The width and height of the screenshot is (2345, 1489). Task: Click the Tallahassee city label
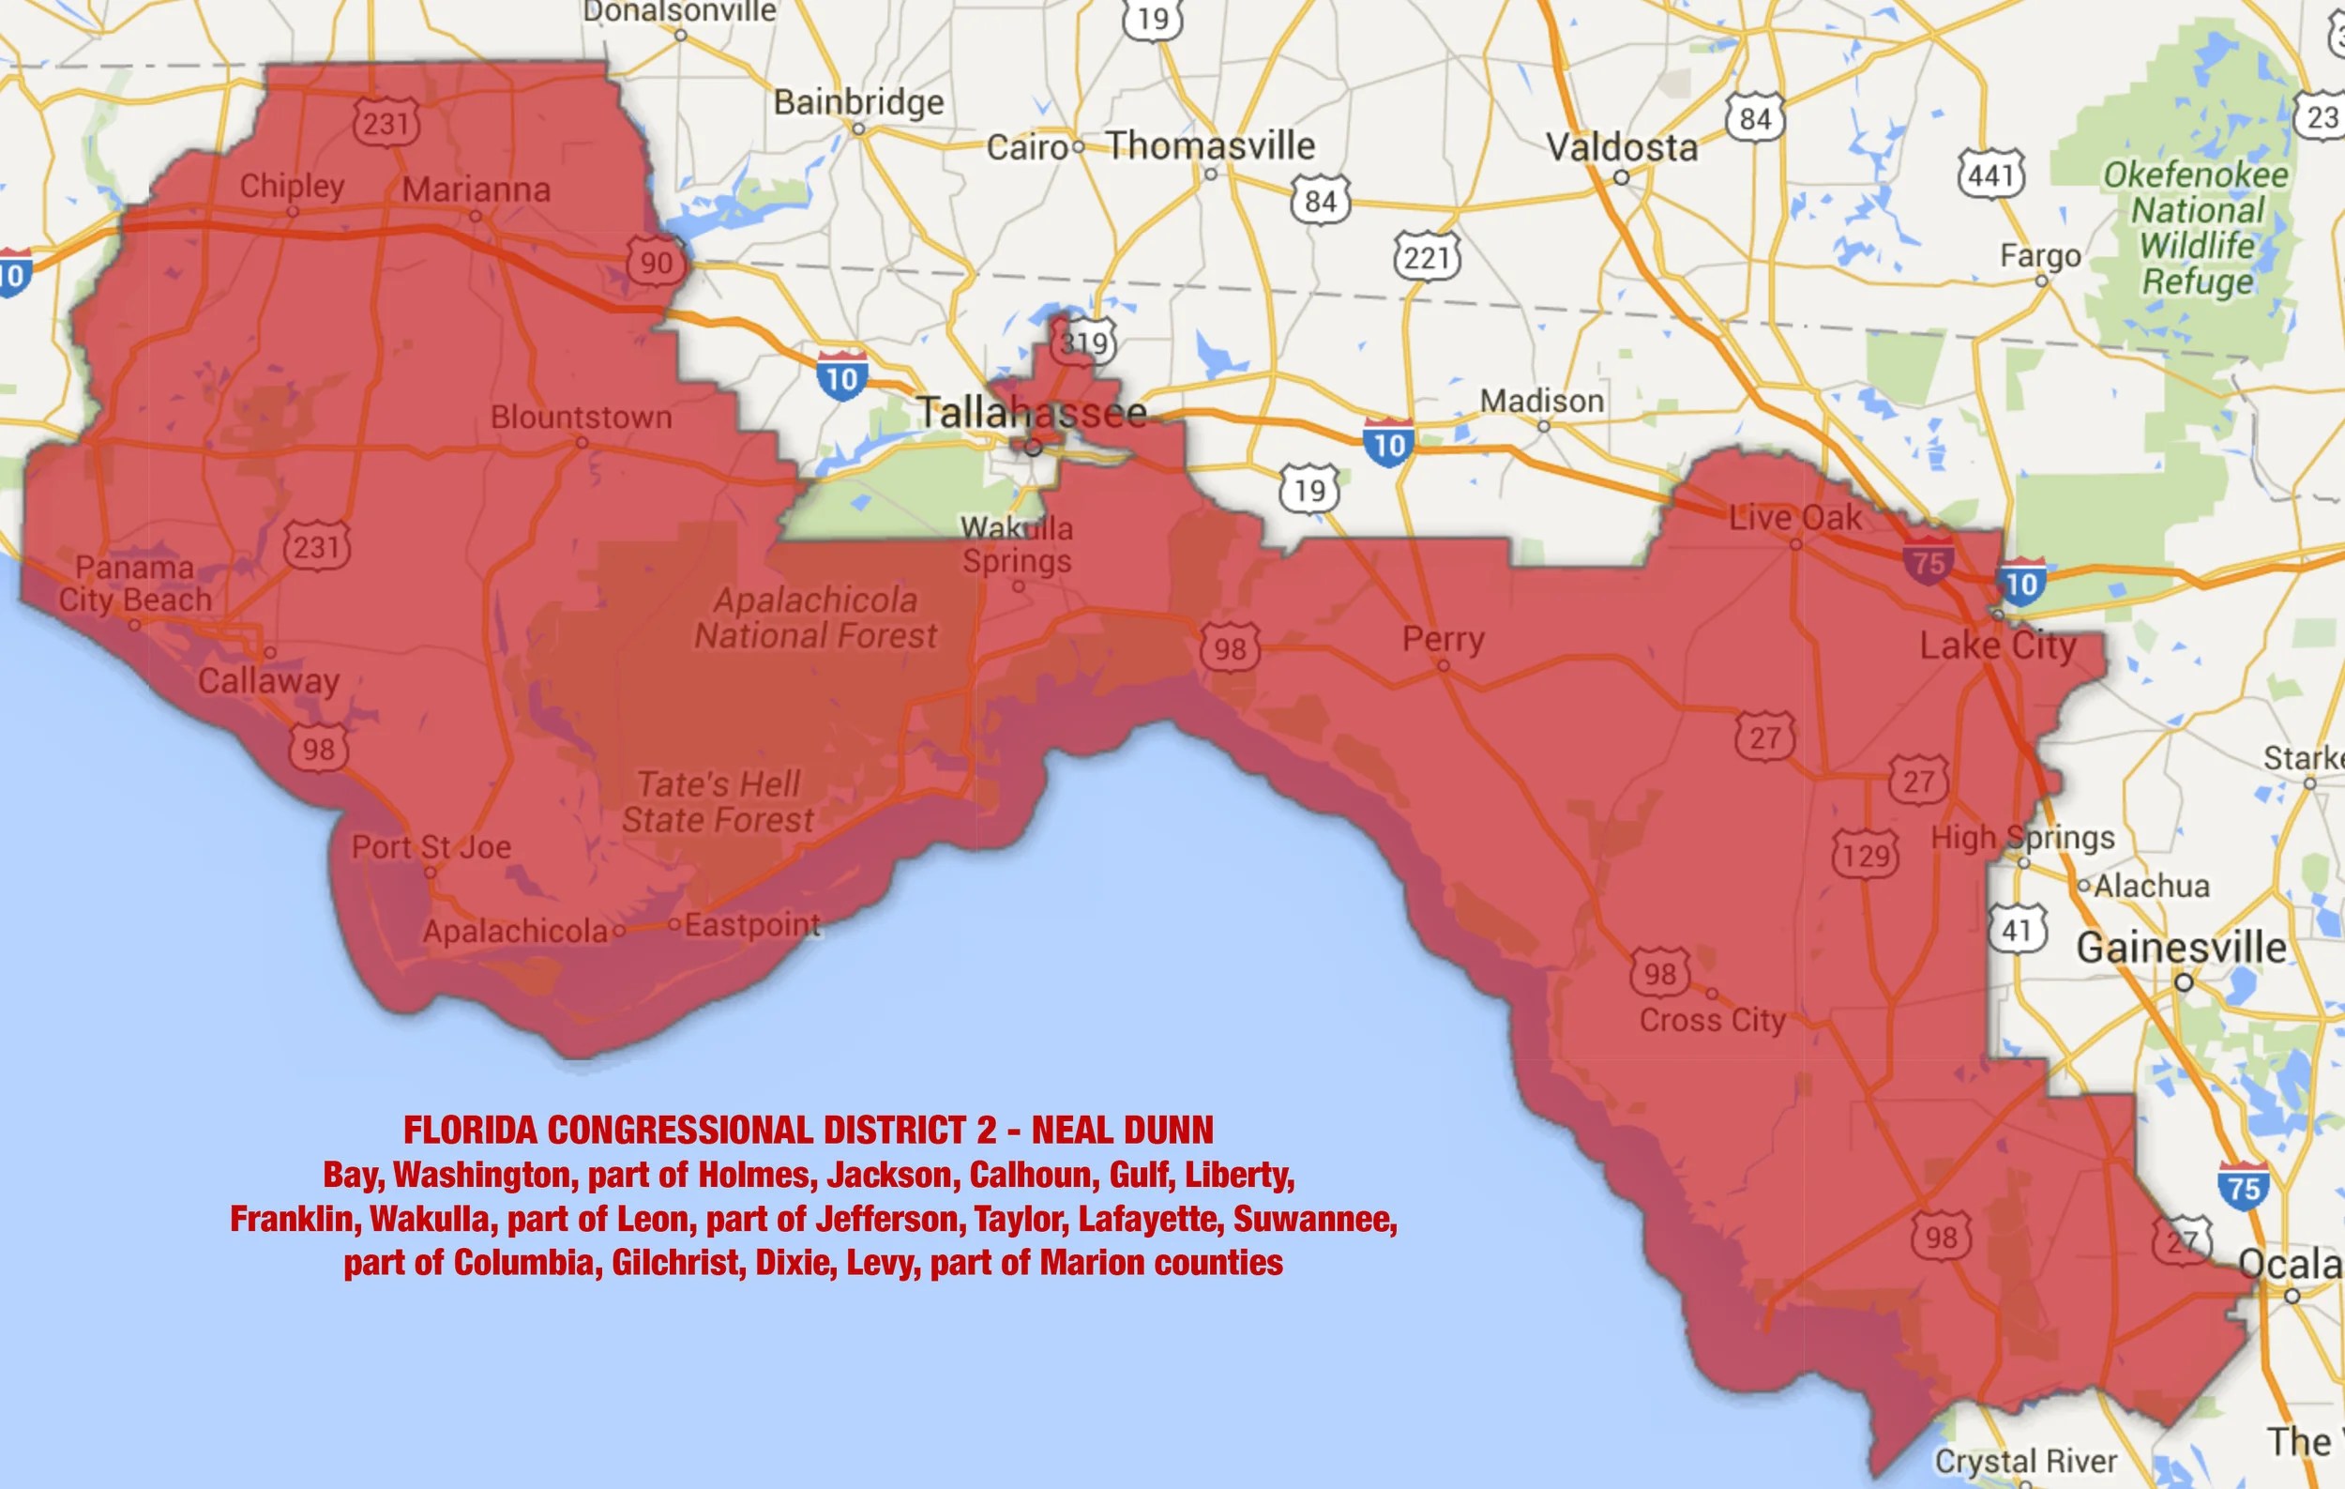click(1031, 413)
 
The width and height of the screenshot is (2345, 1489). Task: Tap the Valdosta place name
click(1622, 148)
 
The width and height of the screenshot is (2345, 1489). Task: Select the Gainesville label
click(2181, 948)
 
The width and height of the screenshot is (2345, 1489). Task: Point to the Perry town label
click(1444, 639)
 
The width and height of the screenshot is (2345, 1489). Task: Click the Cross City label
click(1712, 1020)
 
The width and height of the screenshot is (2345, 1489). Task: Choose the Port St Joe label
click(431, 846)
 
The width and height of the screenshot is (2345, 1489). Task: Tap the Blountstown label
click(581, 417)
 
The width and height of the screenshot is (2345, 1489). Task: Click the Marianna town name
click(477, 189)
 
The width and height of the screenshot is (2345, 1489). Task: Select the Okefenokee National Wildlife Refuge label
click(2195, 228)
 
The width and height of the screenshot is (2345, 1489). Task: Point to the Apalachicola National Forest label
click(815, 617)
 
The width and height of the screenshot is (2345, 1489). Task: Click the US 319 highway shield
click(1084, 342)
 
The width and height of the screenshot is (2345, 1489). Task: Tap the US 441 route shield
click(1990, 175)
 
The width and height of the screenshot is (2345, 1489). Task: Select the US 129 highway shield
click(1865, 855)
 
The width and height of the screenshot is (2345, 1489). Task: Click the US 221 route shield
click(1427, 257)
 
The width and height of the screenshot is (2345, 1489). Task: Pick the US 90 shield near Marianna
click(656, 262)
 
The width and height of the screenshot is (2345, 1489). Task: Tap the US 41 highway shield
click(2017, 929)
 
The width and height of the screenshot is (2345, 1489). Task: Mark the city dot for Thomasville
click(1210, 175)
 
